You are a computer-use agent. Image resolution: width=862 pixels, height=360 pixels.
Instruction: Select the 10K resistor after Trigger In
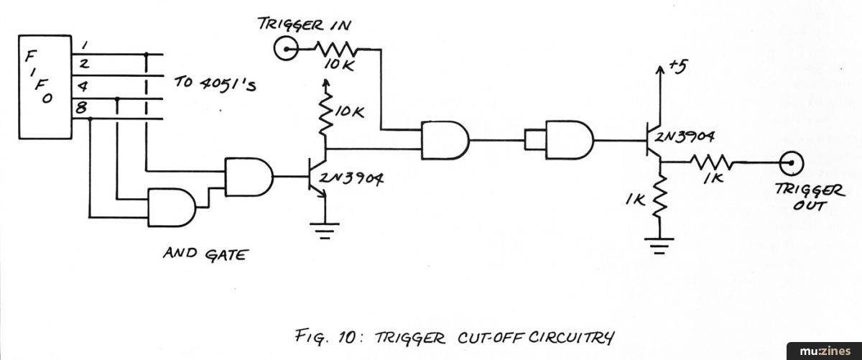tap(338, 51)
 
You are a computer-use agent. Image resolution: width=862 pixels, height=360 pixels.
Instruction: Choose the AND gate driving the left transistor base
tap(249, 175)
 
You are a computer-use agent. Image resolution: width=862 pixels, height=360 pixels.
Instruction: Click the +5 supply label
tap(676, 66)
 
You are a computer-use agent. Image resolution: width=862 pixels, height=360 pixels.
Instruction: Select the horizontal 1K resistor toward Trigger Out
tap(710, 163)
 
